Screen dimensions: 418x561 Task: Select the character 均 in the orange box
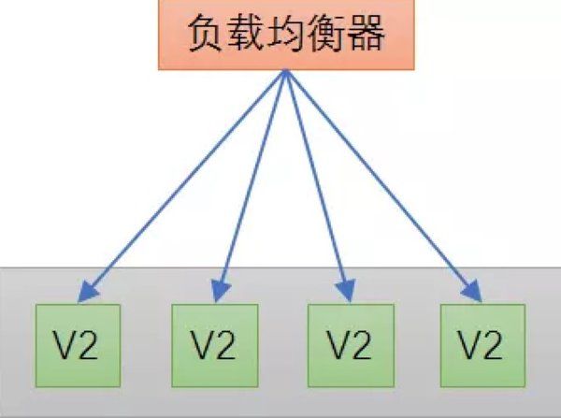(x=285, y=36)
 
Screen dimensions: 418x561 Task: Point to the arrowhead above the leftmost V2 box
(x=85, y=292)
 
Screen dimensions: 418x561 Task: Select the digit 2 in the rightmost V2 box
(x=492, y=345)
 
